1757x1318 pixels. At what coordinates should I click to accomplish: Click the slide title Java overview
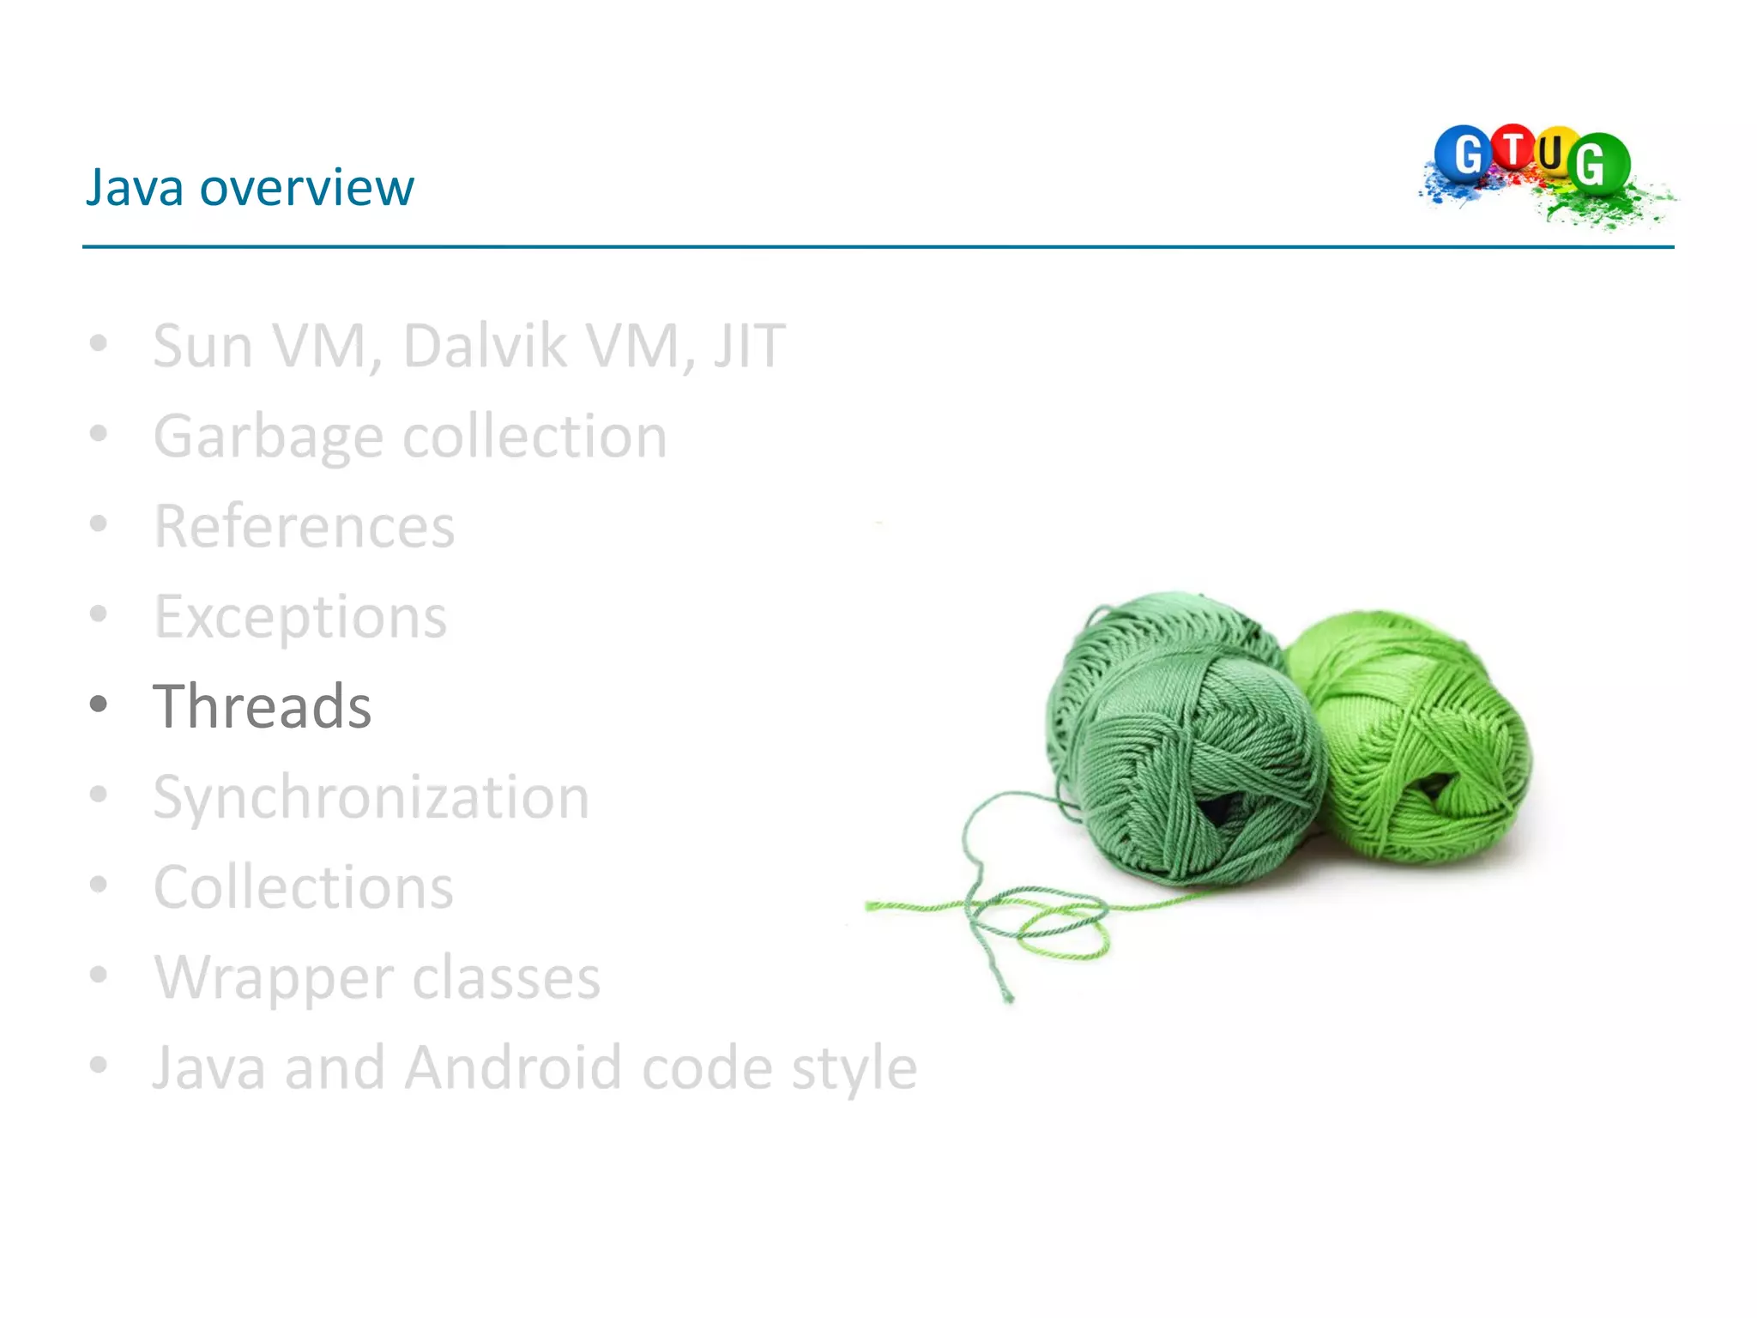coord(250,187)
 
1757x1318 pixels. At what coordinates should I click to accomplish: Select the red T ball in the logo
coord(1514,148)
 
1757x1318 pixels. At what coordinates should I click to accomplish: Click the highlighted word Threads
coord(262,706)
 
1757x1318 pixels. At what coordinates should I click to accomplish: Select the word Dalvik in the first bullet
coord(485,346)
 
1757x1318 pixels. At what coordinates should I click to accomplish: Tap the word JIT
coord(749,346)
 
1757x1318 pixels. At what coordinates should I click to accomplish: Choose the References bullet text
coord(304,526)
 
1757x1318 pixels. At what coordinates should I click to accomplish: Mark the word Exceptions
coord(300,617)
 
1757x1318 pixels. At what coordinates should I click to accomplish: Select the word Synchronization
coord(371,797)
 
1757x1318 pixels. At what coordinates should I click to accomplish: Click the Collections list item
coord(303,887)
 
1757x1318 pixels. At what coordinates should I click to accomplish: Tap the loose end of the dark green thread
coord(1008,997)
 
